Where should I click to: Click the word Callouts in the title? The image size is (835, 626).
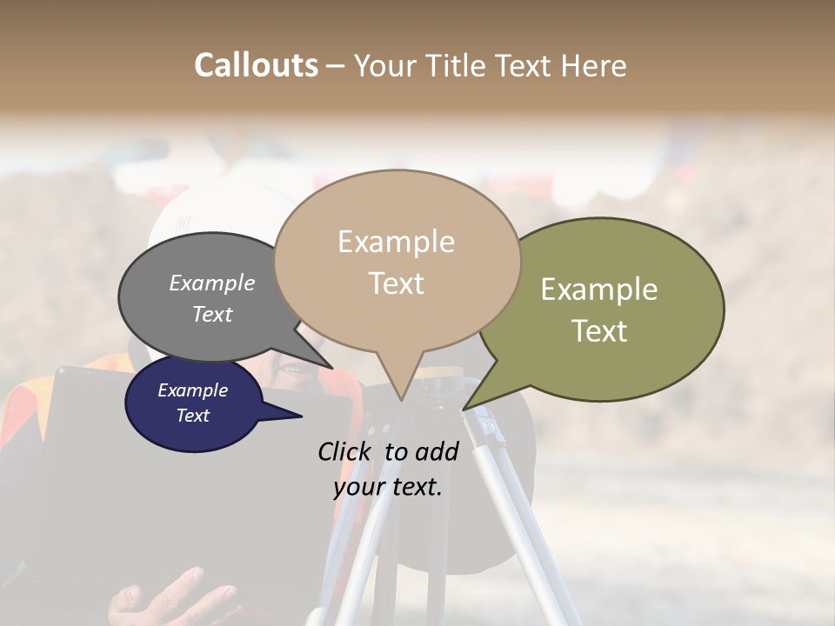pos(256,65)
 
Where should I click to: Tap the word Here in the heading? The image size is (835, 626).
pos(593,65)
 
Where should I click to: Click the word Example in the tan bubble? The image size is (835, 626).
pos(396,242)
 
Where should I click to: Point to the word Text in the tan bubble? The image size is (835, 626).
pos(396,283)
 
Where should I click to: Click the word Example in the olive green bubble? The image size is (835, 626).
pos(599,290)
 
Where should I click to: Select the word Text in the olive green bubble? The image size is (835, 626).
pos(599,331)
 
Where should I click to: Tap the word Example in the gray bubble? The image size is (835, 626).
pos(212,283)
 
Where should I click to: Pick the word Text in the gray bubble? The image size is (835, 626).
pos(212,314)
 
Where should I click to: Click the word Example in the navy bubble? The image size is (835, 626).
pos(192,390)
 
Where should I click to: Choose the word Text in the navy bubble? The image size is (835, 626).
pos(192,416)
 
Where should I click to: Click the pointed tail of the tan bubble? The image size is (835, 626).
pos(401,396)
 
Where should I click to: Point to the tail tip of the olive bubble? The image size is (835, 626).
pos(465,406)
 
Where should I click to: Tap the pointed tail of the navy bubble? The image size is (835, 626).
pos(296,416)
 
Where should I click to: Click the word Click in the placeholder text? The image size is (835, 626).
pos(347,451)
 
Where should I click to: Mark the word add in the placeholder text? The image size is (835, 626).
pos(437,451)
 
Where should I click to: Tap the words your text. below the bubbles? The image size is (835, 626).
pos(388,487)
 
